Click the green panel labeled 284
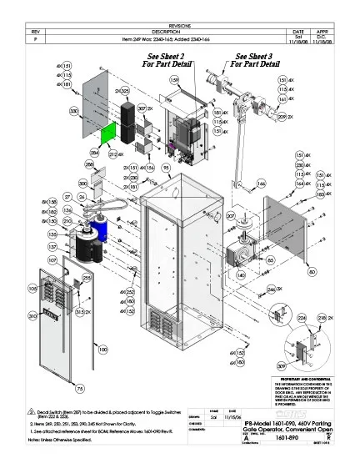pos(110,133)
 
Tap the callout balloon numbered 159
pos(175,80)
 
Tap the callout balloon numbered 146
pos(261,183)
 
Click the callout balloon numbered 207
pos(231,216)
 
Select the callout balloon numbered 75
pos(80,390)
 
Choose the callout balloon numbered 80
pos(312,272)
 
